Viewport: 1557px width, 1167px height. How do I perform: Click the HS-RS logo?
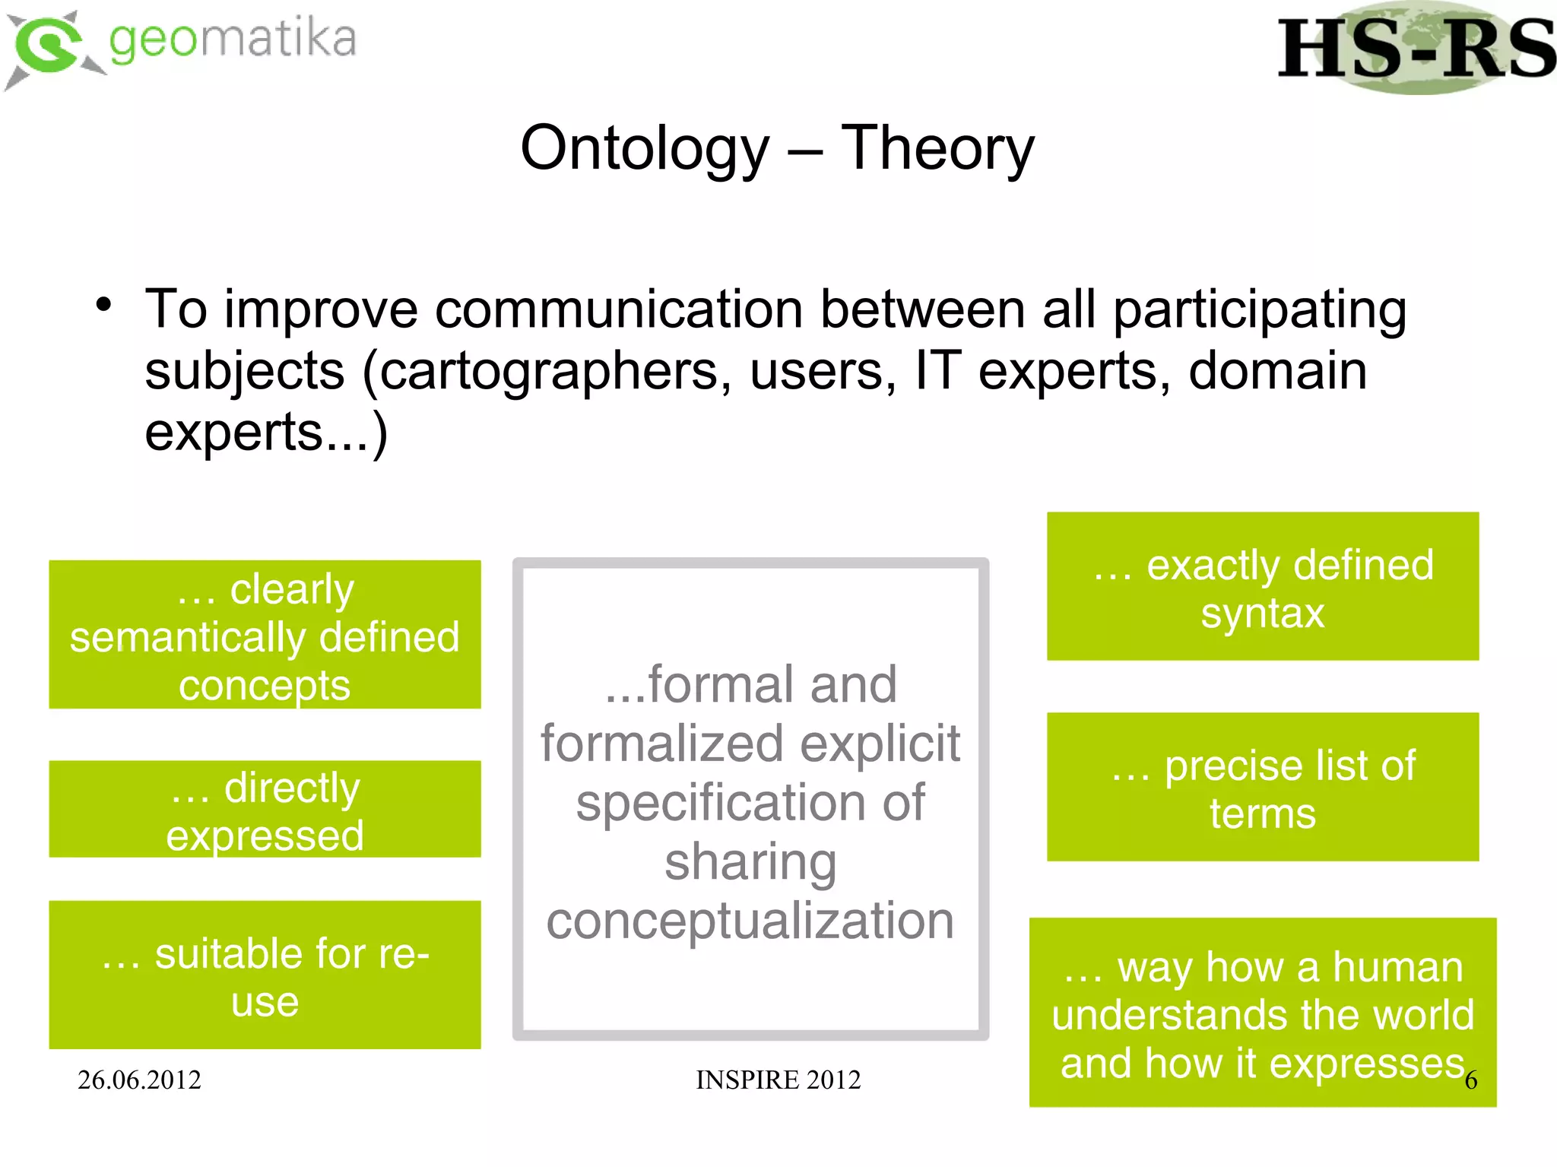point(1416,49)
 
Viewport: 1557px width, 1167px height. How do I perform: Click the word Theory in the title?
point(937,147)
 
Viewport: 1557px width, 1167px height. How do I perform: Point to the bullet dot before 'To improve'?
point(104,306)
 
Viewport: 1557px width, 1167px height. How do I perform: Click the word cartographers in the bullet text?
point(547,372)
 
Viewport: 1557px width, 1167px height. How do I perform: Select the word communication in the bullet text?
point(618,309)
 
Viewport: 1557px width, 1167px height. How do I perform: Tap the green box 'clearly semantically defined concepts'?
point(265,635)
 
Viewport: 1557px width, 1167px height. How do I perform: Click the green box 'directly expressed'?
point(265,809)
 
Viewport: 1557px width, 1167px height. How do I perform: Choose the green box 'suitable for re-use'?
point(265,975)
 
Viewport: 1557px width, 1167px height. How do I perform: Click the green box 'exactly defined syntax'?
point(1262,586)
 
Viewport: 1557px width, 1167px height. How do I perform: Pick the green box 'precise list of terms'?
point(1262,787)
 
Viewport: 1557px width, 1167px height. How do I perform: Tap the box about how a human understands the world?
point(1262,1013)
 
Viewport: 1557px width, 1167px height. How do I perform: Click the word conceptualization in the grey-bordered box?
point(750,921)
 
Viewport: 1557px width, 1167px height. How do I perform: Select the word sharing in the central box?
point(750,862)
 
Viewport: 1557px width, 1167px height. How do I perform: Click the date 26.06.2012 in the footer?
point(139,1080)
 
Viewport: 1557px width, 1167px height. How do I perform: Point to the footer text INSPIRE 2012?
point(778,1080)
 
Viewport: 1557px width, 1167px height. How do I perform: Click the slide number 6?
point(1471,1080)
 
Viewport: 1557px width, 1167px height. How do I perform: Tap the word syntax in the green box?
point(1262,613)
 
